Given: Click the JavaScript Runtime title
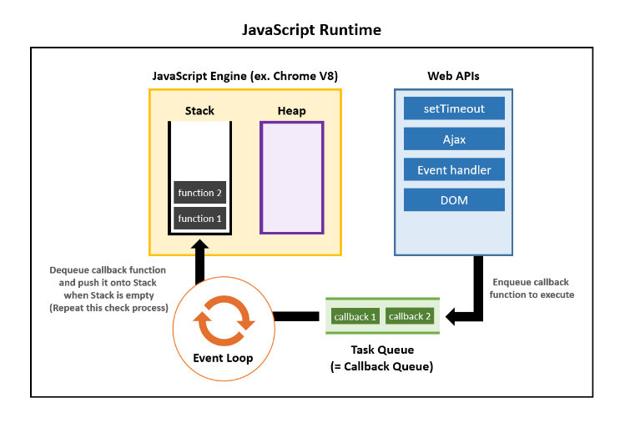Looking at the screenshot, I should point(311,30).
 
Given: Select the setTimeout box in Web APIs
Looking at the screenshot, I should point(454,108).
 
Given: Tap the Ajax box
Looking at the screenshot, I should point(454,138).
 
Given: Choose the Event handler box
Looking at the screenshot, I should point(454,169).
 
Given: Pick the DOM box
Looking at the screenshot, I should point(454,200).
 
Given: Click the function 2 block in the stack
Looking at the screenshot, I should point(199,193).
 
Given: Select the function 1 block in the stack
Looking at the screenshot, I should point(199,219).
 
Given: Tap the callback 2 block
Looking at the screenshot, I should point(411,317).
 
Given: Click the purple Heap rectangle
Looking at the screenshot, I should point(291,177).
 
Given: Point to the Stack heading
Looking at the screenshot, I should point(199,111).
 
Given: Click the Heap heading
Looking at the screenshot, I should point(291,111).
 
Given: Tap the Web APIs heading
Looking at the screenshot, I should point(453,76).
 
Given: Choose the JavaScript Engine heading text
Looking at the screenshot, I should point(244,76).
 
